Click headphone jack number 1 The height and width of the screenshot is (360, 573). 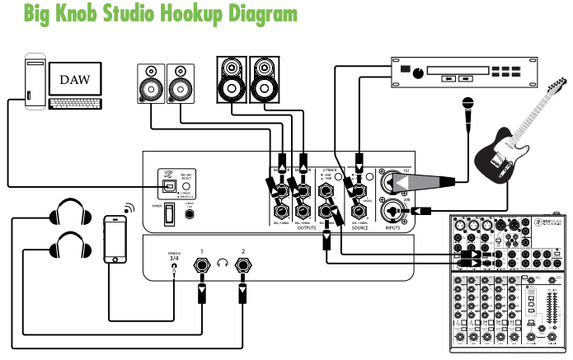201,265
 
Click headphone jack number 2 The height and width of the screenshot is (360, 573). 242,265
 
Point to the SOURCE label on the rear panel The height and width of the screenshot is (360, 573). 359,227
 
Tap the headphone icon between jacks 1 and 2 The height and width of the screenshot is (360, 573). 222,264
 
